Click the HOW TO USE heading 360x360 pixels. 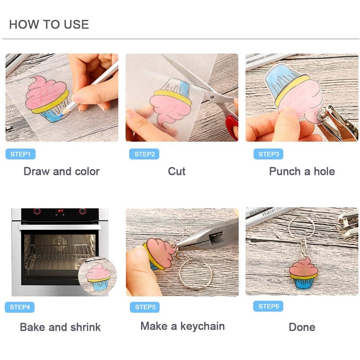(x=49, y=24)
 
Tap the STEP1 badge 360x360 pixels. (x=20, y=154)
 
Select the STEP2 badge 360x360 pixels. (x=144, y=154)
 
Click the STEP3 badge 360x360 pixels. (x=268, y=154)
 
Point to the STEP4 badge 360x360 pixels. (x=20, y=307)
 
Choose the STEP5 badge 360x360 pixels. (x=145, y=307)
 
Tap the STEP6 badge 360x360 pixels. (x=268, y=306)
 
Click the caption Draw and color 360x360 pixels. (x=62, y=171)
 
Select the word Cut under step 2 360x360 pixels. (x=176, y=171)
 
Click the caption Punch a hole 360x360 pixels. (x=302, y=171)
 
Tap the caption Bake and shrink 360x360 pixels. (x=60, y=327)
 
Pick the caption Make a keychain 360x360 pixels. (x=183, y=326)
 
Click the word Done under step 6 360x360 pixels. (x=302, y=327)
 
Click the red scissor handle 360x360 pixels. (x=232, y=127)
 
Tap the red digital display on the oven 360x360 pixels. (x=60, y=211)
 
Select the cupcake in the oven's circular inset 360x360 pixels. (x=98, y=277)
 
